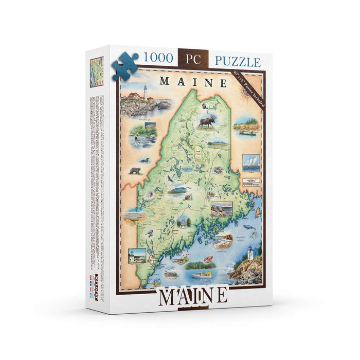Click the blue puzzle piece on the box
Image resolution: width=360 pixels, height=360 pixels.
pos(124,66)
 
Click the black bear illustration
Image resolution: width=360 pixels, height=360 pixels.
pos(135,170)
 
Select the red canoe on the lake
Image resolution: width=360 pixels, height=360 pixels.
pos(245,133)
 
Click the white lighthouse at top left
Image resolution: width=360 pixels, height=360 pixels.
pos(145,93)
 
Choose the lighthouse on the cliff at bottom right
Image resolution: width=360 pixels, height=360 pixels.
pos(250,254)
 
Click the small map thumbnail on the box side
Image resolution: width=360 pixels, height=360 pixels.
pos(96,71)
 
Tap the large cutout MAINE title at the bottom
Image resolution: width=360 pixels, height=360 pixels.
pos(193,295)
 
